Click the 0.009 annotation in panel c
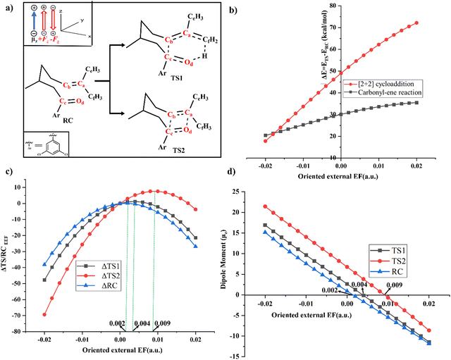click(x=161, y=323)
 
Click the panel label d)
click(x=235, y=185)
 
